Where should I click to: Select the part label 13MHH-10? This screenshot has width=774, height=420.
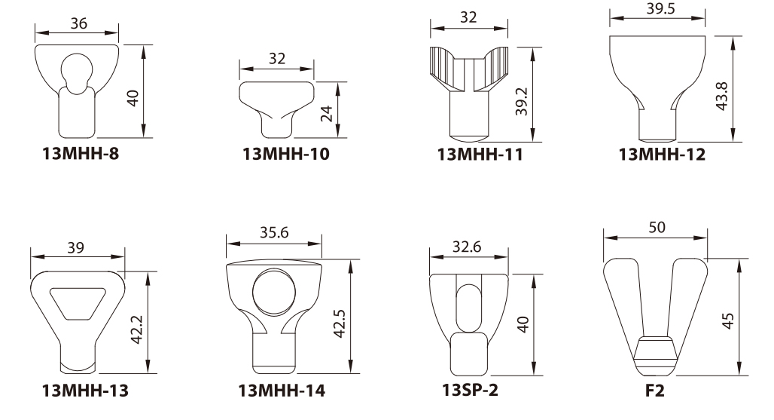pyautogui.click(x=285, y=156)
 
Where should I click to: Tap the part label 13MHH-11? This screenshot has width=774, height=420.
pyautogui.click(x=480, y=156)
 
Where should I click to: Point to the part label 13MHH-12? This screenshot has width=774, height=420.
pyautogui.click(x=662, y=156)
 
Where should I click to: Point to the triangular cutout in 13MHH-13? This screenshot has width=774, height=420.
pyautogui.click(x=78, y=303)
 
